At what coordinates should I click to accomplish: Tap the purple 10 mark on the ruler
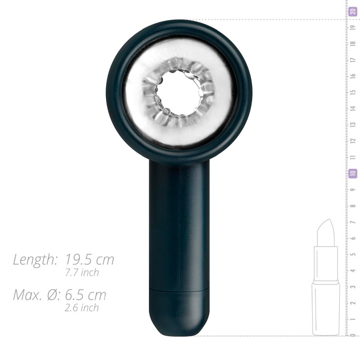tap(353, 173)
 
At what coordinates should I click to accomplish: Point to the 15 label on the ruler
tap(353, 92)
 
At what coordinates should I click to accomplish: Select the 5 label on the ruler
tap(353, 254)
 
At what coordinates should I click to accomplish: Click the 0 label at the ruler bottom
tap(353, 335)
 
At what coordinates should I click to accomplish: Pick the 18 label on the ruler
tap(353, 43)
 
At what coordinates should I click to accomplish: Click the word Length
tap(35, 260)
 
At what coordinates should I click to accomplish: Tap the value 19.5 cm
tap(90, 260)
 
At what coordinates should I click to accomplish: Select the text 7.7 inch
tap(82, 273)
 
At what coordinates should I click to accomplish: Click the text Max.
tap(27, 295)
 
